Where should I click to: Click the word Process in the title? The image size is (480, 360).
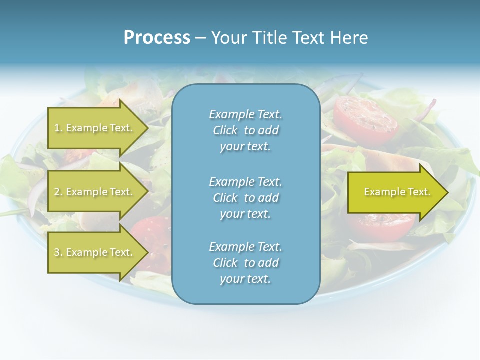coord(157,38)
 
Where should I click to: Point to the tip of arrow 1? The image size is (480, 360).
coord(147,128)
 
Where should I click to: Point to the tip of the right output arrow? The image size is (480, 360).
coord(447,192)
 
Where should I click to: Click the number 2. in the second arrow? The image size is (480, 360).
coord(58,192)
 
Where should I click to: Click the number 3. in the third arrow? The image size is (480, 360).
coord(58,252)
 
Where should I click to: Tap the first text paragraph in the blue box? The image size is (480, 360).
coord(245,130)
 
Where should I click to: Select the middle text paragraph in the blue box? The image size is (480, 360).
coord(245,197)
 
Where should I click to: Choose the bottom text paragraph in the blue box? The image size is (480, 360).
coord(245,263)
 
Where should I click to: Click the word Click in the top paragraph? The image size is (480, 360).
coord(225,130)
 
